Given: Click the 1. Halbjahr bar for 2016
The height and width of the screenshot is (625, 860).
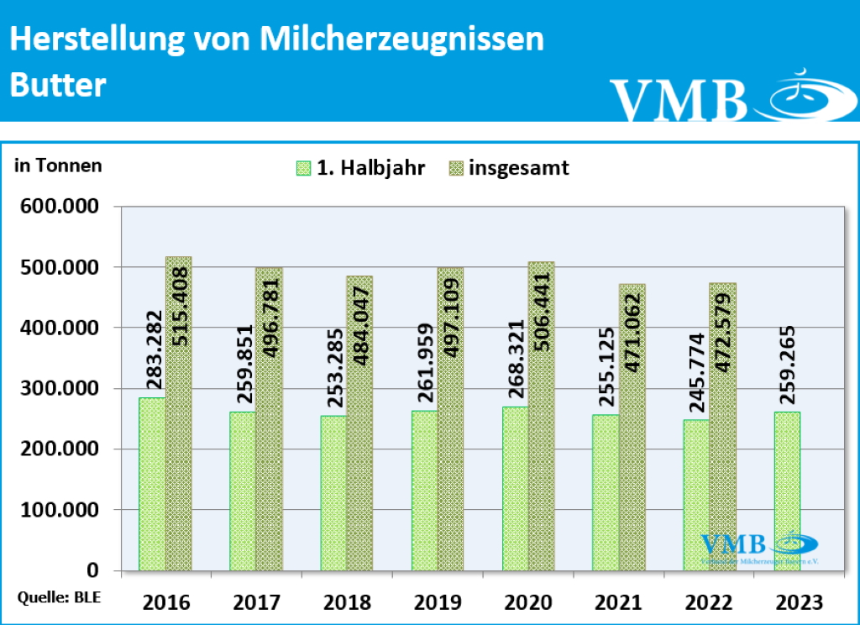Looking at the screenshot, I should (x=152, y=484).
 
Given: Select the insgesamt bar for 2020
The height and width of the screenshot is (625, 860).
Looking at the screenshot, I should (x=541, y=417).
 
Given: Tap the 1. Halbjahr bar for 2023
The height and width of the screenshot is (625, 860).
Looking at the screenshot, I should (x=787, y=491).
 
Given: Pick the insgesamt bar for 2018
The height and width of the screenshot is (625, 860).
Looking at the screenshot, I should (x=359, y=423).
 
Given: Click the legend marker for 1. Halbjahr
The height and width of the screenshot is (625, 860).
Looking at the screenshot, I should (x=303, y=168).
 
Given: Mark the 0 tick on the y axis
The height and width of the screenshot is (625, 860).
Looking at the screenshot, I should (x=92, y=571).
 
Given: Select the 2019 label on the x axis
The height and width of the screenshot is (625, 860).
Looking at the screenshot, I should (x=438, y=602).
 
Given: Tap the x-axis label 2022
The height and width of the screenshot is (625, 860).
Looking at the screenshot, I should (x=709, y=602).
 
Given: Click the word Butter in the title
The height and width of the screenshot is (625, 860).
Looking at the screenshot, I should (x=57, y=85).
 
